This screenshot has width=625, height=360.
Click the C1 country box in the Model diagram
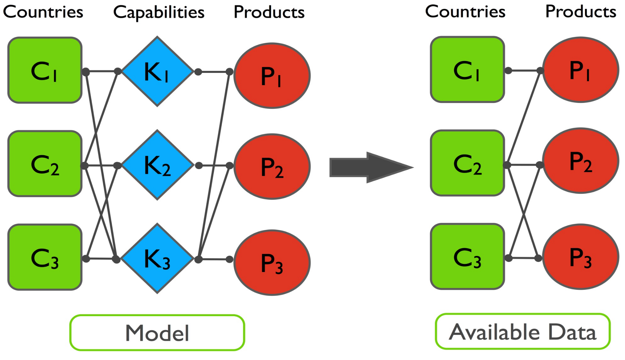(45, 70)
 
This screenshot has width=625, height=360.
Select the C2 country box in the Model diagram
(45, 164)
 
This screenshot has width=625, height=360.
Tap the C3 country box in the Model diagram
(45, 257)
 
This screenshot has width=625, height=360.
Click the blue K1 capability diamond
(157, 72)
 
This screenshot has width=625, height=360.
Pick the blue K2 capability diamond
(157, 165)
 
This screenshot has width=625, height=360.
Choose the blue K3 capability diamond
(157, 258)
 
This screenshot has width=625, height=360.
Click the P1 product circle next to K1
(272, 76)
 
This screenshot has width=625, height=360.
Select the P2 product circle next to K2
(272, 166)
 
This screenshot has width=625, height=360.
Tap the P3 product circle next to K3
(272, 262)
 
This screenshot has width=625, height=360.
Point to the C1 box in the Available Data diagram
(467, 69)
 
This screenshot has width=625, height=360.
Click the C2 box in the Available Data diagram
(467, 163)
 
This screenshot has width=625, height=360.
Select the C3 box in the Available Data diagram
(467, 256)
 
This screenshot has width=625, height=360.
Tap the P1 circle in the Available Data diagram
(581, 70)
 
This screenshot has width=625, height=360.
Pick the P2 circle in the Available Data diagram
(581, 160)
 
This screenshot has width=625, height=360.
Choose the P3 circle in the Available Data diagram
(581, 257)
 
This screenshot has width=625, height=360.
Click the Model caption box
(157, 333)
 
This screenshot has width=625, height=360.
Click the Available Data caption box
(523, 331)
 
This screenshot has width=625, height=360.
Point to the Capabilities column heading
(158, 13)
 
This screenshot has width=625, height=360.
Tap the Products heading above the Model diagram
(269, 12)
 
